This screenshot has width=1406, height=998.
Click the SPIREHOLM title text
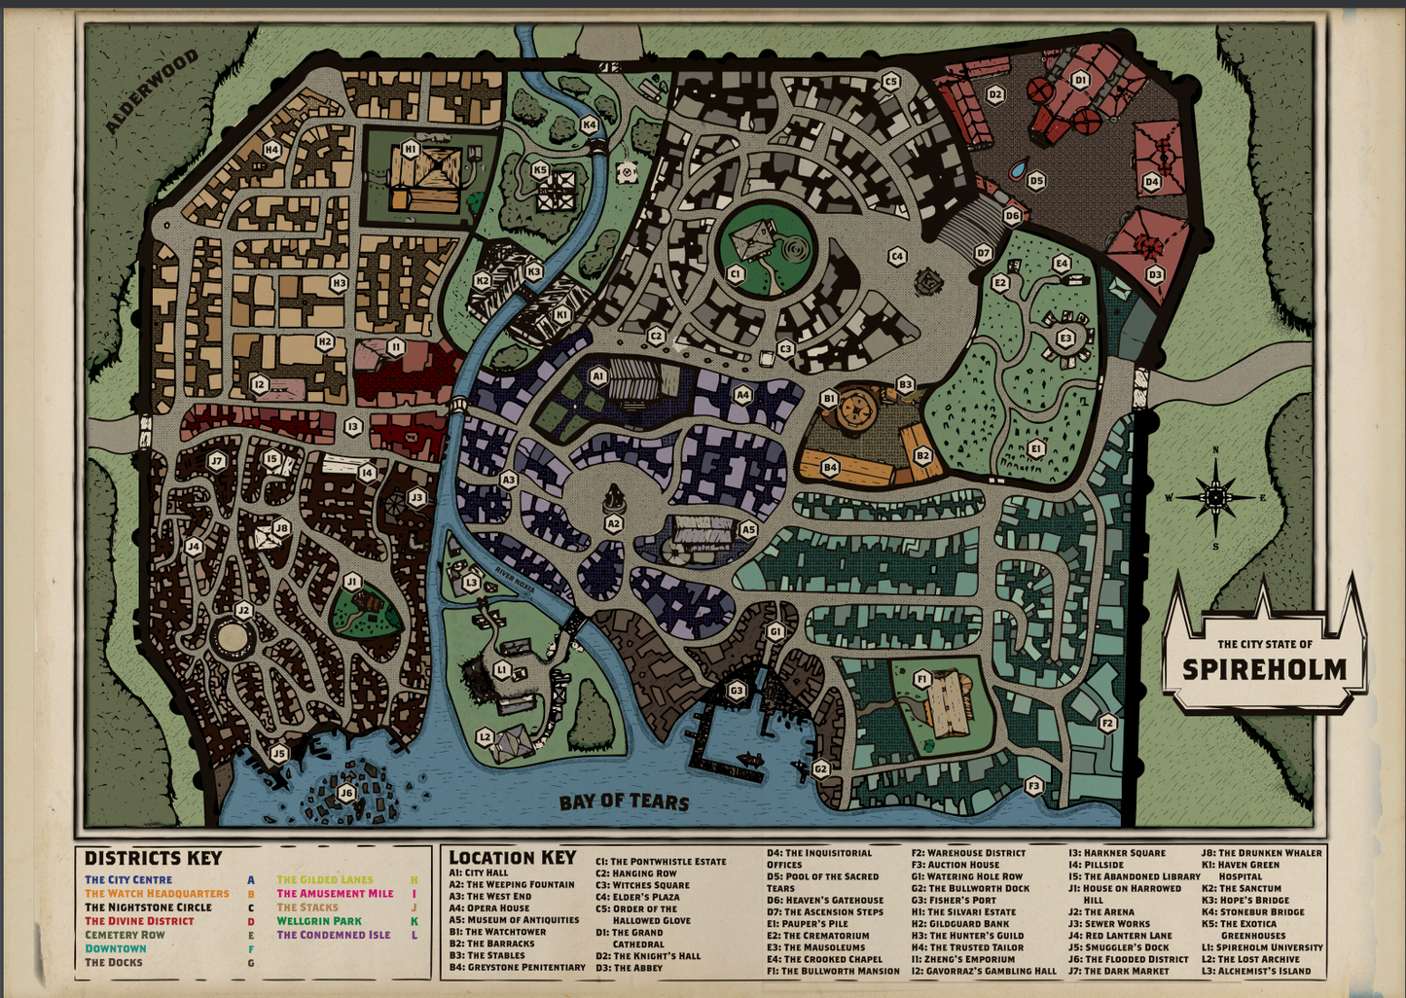[1264, 669]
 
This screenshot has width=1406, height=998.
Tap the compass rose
[1215, 497]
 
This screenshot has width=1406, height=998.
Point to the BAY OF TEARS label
[624, 802]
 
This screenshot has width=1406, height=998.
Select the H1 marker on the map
[410, 149]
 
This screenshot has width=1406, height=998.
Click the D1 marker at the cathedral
[1079, 80]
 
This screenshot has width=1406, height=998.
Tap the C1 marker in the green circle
[736, 274]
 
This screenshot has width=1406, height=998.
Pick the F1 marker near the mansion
[922, 678]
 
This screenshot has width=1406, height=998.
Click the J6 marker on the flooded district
[346, 793]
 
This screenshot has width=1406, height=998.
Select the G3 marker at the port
[737, 692]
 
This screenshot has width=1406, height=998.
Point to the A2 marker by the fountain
[613, 523]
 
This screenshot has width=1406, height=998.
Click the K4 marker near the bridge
[589, 125]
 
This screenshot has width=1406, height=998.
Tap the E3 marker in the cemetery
[1065, 339]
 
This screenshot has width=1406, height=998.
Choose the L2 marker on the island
[486, 737]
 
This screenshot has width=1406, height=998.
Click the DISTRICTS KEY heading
[153, 858]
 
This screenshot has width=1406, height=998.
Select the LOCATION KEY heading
[512, 857]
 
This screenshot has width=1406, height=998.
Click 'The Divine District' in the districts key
[139, 921]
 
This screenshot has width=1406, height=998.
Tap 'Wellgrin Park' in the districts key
[319, 921]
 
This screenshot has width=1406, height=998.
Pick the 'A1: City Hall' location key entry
[479, 873]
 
